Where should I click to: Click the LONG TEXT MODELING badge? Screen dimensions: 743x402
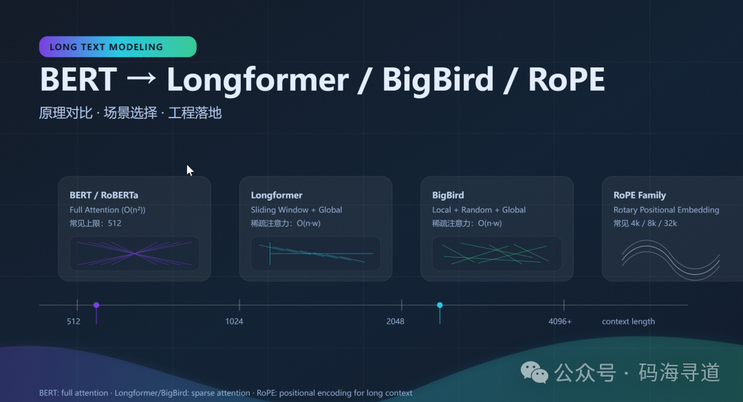[x=118, y=47]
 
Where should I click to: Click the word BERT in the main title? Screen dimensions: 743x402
[x=78, y=79]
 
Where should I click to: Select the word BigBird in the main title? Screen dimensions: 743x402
[x=438, y=79]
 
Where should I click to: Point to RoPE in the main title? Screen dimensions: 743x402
[x=566, y=79]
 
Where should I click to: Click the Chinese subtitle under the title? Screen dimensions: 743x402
[x=130, y=113]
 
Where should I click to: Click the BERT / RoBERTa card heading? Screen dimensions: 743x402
[x=104, y=195]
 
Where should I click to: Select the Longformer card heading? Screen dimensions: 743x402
[x=277, y=195]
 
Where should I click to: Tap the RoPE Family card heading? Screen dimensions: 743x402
[x=639, y=195]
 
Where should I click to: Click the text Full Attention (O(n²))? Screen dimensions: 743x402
[x=107, y=210]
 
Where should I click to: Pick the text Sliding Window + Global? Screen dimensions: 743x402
[x=296, y=210]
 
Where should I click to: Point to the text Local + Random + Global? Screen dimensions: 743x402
[x=479, y=210]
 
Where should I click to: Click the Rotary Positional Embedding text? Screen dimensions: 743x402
[x=666, y=210]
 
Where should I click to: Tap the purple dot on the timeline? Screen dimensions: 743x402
[x=96, y=305]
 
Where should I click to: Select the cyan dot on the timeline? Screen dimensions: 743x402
[x=440, y=305]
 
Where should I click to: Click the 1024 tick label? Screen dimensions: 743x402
[x=234, y=322]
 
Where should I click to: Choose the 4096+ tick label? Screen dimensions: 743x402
[x=559, y=322]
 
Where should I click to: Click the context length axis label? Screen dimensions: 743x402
[x=628, y=322]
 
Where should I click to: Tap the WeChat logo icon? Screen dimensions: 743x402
[x=535, y=372]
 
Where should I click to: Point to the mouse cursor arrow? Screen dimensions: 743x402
[x=190, y=170]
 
